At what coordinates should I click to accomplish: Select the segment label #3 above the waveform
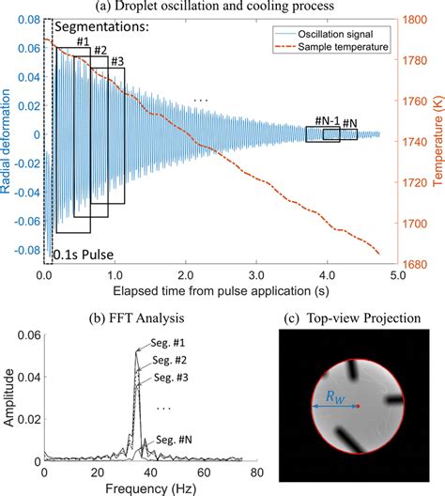(118, 62)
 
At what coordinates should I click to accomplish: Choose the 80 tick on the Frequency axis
(252, 474)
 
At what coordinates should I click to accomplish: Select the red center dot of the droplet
(358, 407)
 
